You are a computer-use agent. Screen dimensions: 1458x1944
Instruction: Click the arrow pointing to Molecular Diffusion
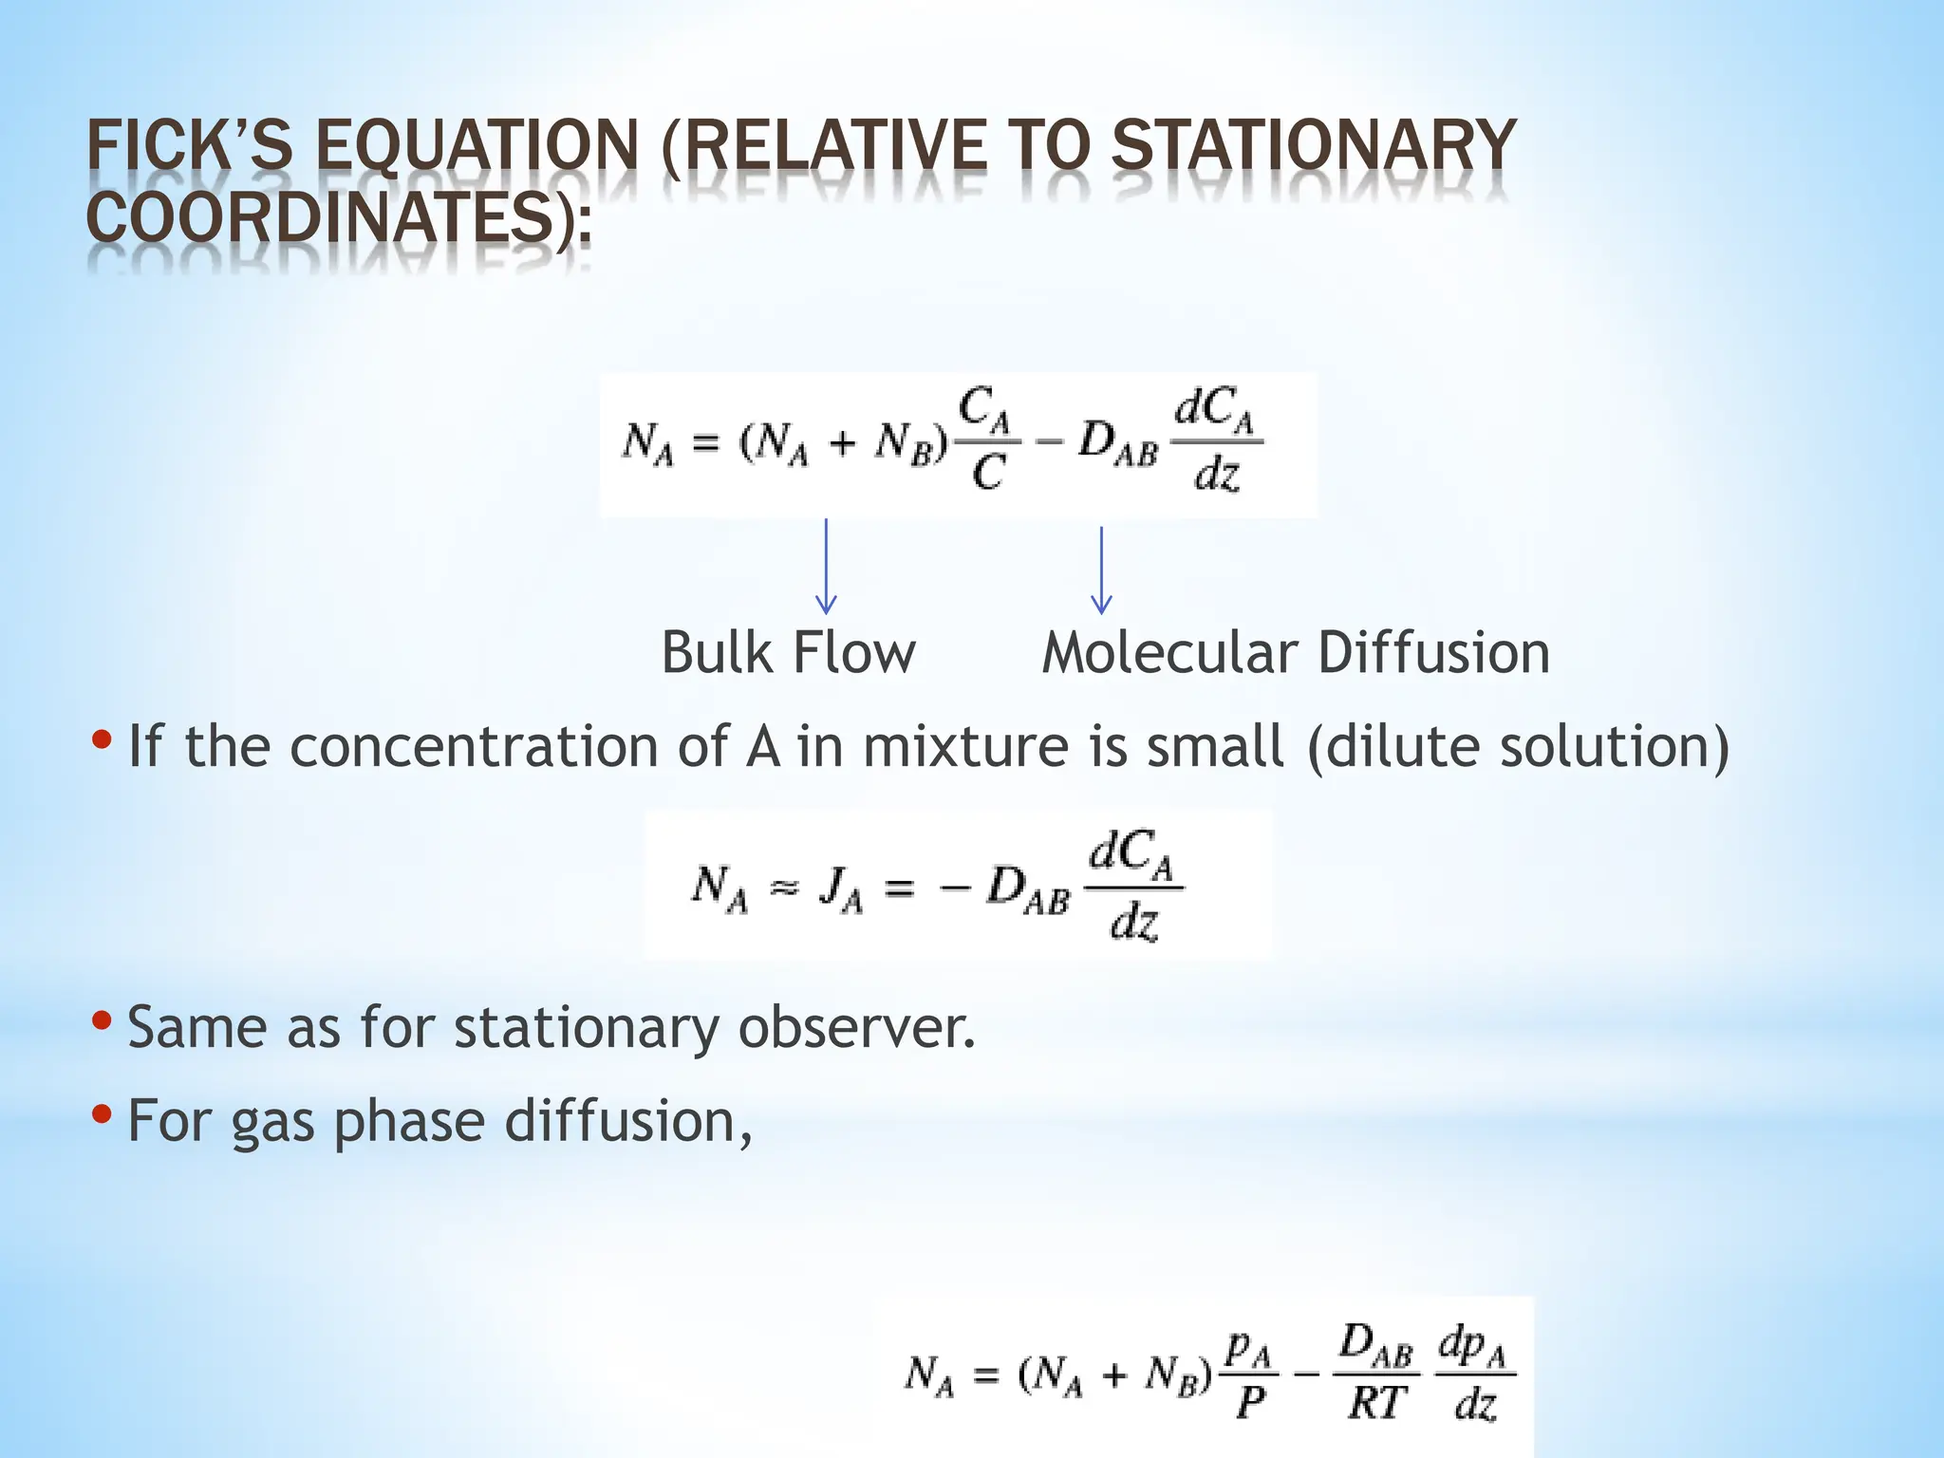pyautogui.click(x=1101, y=570)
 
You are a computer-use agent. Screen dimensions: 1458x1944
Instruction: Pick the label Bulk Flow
pyautogui.click(x=788, y=653)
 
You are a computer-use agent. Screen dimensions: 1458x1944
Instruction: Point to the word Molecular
pyautogui.click(x=1168, y=653)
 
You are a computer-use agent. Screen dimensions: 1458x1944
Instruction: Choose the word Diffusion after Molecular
pyautogui.click(x=1433, y=653)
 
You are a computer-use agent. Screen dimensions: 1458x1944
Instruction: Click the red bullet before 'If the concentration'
pyautogui.click(x=103, y=738)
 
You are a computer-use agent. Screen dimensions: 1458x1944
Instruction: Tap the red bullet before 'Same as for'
pyautogui.click(x=103, y=1019)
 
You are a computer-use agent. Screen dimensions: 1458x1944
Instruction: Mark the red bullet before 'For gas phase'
pyautogui.click(x=103, y=1112)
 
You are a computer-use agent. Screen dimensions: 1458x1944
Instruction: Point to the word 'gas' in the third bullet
pyautogui.click(x=272, y=1122)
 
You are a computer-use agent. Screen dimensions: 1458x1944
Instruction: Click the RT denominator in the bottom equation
pyautogui.click(x=1376, y=1403)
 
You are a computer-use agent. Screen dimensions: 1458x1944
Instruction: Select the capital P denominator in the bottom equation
pyautogui.click(x=1250, y=1403)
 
